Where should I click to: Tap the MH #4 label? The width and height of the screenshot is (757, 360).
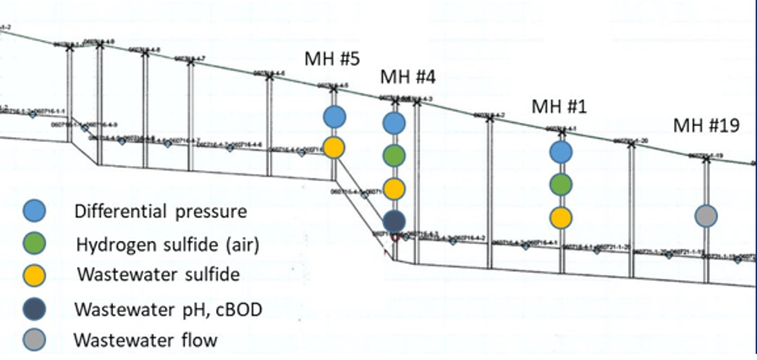click(407, 77)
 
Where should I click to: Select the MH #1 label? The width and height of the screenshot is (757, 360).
click(559, 106)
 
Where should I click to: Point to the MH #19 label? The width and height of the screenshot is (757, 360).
click(706, 125)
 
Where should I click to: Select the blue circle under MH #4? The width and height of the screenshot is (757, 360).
click(394, 123)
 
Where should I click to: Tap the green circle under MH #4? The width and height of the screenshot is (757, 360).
click(394, 156)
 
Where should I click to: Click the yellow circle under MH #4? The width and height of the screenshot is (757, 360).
click(394, 188)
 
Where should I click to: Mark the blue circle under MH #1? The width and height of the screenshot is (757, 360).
click(560, 151)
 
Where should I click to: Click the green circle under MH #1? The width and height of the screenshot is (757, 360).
click(560, 184)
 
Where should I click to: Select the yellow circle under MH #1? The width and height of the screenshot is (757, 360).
click(560, 217)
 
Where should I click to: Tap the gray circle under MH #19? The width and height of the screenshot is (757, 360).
click(706, 215)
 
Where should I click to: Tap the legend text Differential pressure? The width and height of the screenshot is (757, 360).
click(161, 211)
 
